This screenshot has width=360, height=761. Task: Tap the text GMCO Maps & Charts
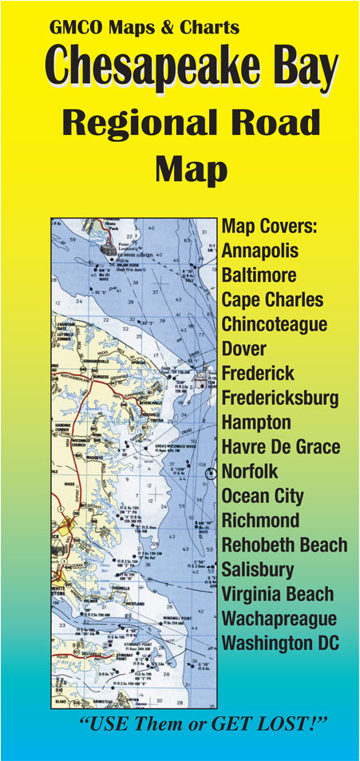[x=144, y=28]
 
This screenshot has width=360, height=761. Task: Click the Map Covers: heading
[x=269, y=226]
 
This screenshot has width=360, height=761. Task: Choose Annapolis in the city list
[x=260, y=251]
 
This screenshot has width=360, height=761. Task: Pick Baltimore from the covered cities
[x=259, y=275]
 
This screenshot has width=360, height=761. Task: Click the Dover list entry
[x=243, y=349]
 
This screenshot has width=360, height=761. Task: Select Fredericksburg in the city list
[x=279, y=398]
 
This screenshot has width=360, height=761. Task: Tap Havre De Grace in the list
[x=280, y=446]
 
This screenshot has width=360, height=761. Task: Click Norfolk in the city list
[x=250, y=471]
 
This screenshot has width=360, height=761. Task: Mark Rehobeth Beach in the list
[x=284, y=545]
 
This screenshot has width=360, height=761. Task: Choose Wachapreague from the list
[x=279, y=618]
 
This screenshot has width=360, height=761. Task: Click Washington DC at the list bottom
[x=280, y=643]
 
